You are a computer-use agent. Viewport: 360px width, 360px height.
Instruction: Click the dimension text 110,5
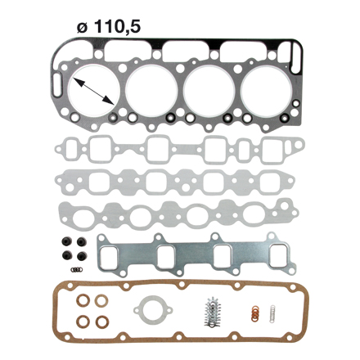tap(118, 27)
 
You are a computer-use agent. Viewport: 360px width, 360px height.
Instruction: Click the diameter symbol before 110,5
tap(83, 27)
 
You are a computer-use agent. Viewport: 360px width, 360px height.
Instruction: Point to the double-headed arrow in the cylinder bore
tap(93, 91)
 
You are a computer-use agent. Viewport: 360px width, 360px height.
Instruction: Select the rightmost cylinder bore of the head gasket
tap(266, 91)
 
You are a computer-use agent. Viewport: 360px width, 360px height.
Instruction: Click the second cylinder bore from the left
tap(152, 91)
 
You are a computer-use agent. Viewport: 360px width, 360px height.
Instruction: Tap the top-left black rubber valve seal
tap(67, 242)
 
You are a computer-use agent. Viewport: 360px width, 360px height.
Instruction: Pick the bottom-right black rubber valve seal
tap(82, 256)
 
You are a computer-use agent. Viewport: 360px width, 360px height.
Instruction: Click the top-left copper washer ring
tap(83, 301)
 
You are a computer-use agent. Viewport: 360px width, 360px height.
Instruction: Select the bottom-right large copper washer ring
tap(102, 322)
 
